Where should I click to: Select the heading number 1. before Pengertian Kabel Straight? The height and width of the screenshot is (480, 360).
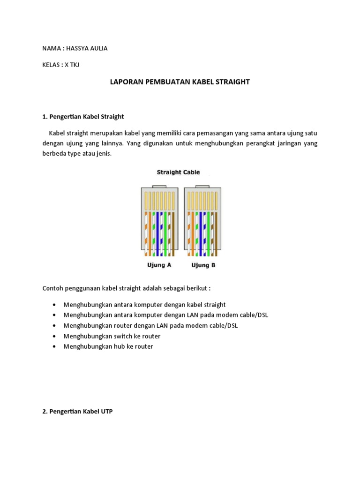(x=45, y=116)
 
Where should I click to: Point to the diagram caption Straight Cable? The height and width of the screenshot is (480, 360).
(x=178, y=172)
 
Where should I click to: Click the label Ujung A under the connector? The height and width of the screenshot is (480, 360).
(x=160, y=265)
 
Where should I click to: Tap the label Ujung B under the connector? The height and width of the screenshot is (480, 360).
(x=203, y=265)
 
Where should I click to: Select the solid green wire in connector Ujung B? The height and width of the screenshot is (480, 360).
(x=208, y=233)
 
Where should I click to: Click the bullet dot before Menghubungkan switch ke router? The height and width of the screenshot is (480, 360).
(x=56, y=337)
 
